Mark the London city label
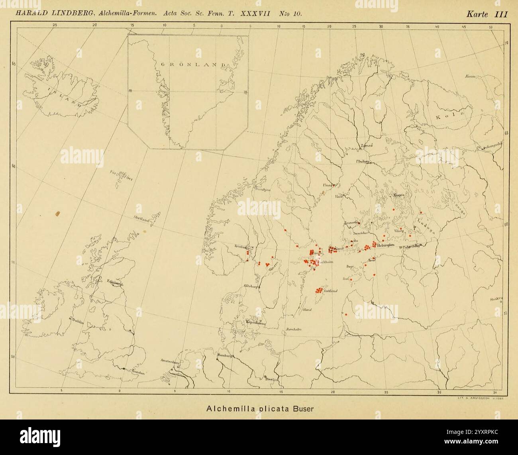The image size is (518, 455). click(x=136, y=372)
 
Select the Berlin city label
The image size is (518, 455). click(x=271, y=380)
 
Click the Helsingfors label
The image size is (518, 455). click(x=385, y=245)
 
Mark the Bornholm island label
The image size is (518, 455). click(x=294, y=329)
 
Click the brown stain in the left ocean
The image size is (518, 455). click(x=58, y=214)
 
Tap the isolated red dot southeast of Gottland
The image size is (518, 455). click(x=346, y=314)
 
